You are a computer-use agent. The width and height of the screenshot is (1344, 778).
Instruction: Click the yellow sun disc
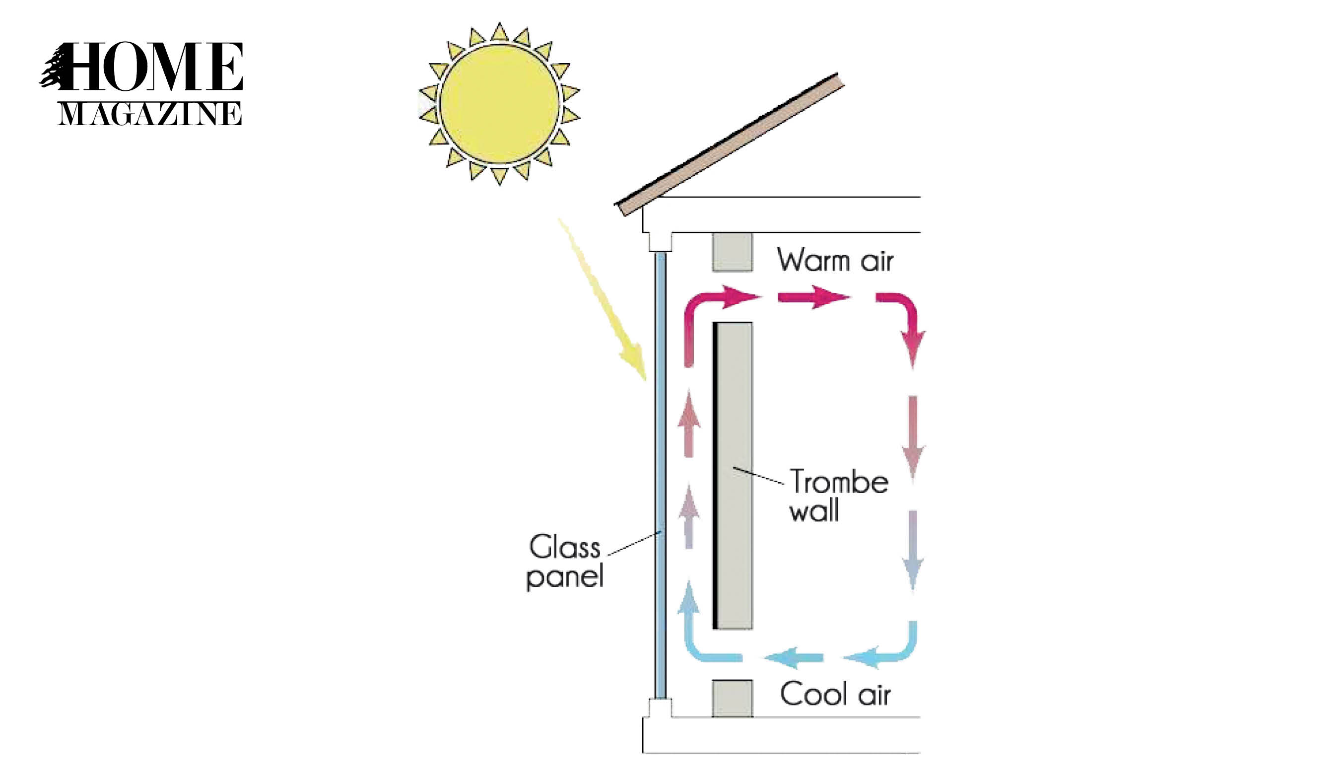pos(500,104)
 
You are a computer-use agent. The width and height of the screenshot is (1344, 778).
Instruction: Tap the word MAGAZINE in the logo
pos(149,114)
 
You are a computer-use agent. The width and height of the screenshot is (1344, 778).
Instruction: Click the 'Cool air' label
pos(835,695)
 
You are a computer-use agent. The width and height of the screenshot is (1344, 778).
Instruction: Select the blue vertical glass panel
pos(660,475)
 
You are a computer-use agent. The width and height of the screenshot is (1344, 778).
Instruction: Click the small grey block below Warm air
pos(732,252)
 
